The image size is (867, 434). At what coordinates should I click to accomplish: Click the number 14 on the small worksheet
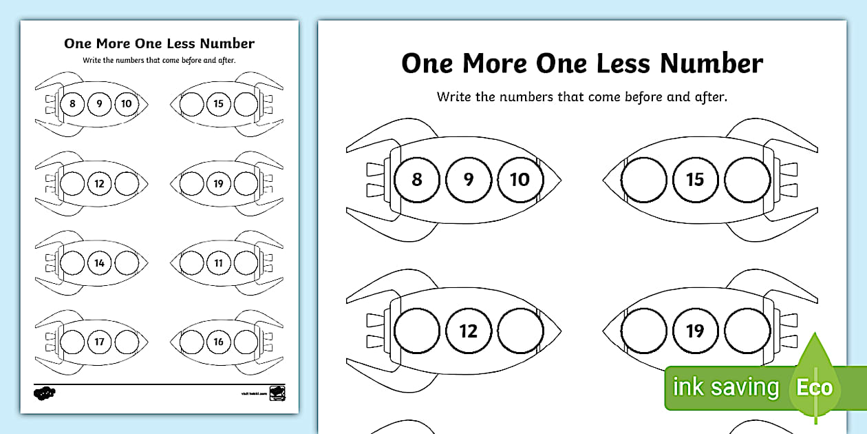point(100,262)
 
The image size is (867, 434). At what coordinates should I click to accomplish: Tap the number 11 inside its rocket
point(219,262)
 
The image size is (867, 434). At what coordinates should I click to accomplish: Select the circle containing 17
point(100,342)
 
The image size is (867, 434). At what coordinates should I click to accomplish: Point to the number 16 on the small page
point(219,342)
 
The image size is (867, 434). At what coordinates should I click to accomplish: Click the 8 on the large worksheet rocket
point(416,180)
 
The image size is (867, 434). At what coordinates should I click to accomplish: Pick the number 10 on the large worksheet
point(520,180)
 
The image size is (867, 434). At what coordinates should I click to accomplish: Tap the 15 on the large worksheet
point(695,180)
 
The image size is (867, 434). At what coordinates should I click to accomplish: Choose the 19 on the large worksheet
point(695,331)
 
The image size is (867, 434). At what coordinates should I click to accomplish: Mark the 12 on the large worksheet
point(469,331)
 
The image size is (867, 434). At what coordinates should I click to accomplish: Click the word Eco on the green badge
point(815,387)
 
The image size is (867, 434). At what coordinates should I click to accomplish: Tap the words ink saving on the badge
point(726,387)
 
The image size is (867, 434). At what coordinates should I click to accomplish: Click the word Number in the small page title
point(227,43)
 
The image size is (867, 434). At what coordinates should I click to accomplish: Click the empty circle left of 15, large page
point(644,180)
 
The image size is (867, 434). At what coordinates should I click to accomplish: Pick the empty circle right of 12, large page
point(520,331)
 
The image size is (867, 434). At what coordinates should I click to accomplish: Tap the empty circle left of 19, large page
point(644,331)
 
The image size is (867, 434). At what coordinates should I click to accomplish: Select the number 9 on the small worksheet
point(100,104)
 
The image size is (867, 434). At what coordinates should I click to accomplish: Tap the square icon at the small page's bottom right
point(277,393)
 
